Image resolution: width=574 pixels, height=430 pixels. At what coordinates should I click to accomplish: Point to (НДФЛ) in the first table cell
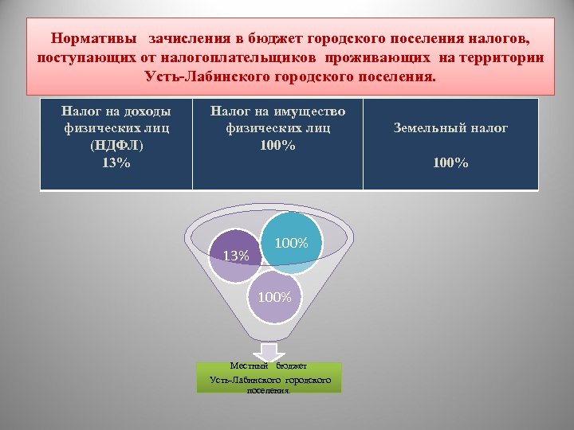tap(116, 146)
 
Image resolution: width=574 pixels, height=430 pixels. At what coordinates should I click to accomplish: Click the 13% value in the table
tap(116, 162)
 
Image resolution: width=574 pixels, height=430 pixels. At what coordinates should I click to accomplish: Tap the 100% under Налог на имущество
tap(277, 146)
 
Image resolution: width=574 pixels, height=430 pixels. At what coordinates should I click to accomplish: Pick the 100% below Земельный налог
tap(450, 163)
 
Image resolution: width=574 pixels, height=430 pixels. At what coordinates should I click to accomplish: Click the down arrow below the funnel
tap(269, 351)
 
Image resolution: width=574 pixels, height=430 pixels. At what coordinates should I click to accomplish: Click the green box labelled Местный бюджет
tap(269, 378)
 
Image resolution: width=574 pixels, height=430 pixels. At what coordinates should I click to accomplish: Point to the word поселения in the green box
tap(269, 390)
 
